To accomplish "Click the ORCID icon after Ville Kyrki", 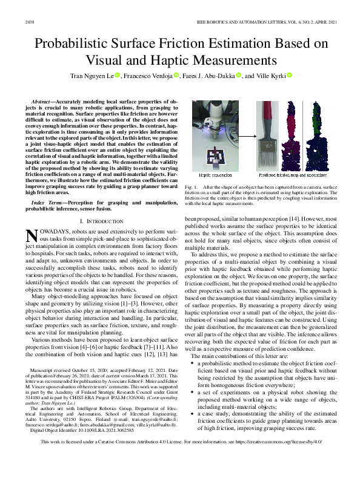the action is (x=289, y=76).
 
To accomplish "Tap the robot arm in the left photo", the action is (x=215, y=124).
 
